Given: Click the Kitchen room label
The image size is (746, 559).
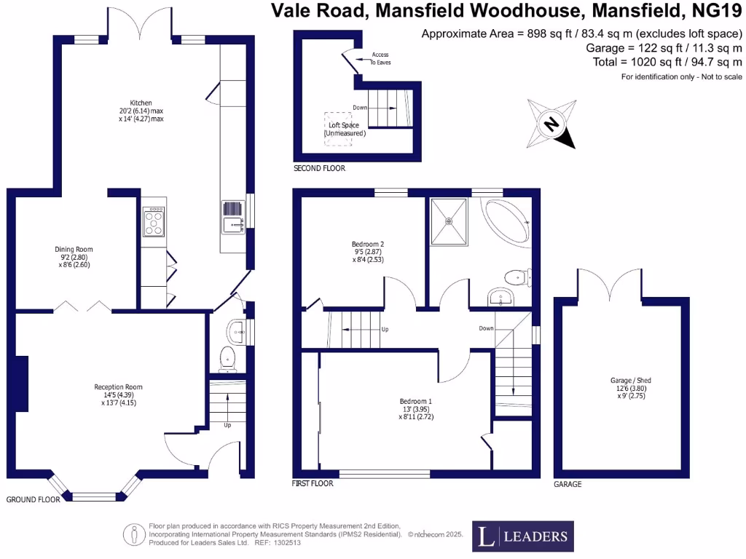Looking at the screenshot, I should pos(141,103).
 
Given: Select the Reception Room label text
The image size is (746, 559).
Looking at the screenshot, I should pos(118,386).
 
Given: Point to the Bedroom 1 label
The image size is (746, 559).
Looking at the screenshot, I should pos(416,401).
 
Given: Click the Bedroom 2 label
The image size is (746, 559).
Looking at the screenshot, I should pos(368,244).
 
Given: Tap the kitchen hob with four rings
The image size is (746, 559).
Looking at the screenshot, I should pos(154,221).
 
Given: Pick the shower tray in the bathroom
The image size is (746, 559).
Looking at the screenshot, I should pos(449,221).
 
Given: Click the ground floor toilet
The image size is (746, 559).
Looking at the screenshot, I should pos(227,358).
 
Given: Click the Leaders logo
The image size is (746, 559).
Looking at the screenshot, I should pos(523,536).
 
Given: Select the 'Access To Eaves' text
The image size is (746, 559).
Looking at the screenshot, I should pos(381,59).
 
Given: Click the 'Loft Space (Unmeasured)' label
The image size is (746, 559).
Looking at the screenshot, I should pos(347,130).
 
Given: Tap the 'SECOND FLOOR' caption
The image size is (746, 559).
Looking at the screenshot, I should pos(319,168).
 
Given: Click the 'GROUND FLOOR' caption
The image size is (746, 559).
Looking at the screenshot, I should pos(32,500).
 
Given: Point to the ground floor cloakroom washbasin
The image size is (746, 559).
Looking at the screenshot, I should pos(237,333).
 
